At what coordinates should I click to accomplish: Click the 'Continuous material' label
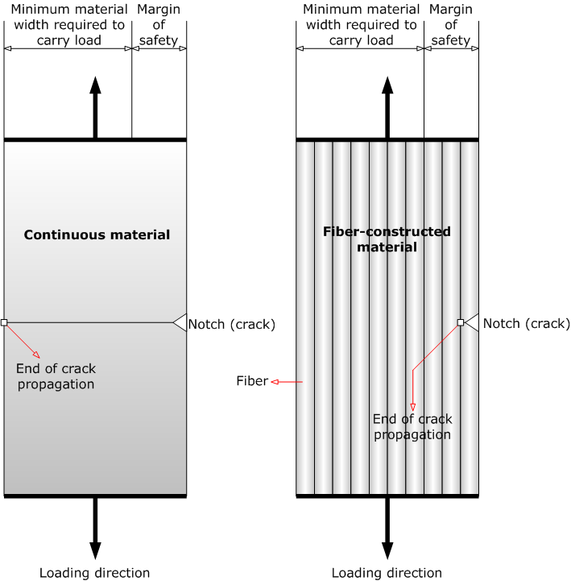point(97,235)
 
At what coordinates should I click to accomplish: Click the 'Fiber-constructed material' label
point(387,239)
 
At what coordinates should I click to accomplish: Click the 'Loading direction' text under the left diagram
point(95,573)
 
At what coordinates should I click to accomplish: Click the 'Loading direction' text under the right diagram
point(387,573)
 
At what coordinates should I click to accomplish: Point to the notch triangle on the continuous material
point(180,322)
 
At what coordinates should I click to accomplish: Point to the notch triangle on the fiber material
point(473,322)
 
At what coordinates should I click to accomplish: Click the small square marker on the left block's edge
point(4,322)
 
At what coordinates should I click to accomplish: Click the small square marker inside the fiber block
point(461,322)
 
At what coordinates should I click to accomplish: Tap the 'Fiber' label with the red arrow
point(252,381)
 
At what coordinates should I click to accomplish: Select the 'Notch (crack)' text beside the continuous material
point(232,325)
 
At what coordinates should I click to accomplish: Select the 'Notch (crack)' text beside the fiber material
point(524,325)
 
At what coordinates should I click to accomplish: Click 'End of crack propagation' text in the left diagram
point(55,376)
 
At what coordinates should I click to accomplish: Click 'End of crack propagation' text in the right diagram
point(412,427)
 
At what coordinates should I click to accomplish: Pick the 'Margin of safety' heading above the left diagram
point(159,25)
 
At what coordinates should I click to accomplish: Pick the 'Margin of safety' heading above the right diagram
point(451,25)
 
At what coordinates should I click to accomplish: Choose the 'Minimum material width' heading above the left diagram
point(68,25)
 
